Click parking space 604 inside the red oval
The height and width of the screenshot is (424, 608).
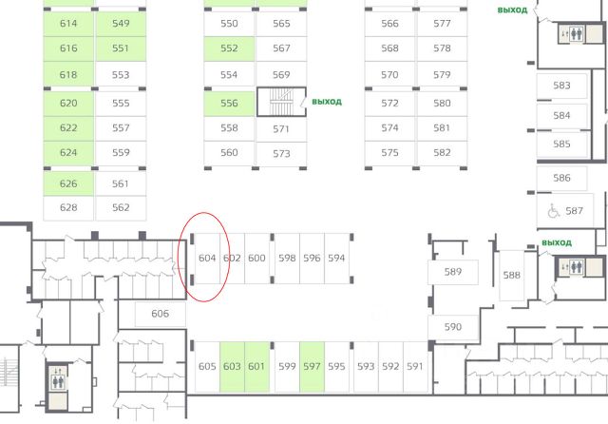coord(207,258)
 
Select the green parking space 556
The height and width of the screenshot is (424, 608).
coord(229,104)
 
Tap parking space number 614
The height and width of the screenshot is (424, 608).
coord(68,23)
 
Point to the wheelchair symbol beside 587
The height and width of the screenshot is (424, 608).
coord(552,210)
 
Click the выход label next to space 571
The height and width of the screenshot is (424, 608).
coord(326,102)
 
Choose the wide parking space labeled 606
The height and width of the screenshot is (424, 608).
coord(160,314)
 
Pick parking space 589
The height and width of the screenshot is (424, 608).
coord(453,273)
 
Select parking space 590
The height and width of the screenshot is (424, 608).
coord(453,327)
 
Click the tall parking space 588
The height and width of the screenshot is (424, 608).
coord(512,275)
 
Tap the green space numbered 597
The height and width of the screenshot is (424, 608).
coord(312,366)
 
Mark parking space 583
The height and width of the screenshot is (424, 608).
coord(561,87)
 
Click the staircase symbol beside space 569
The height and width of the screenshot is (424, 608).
coord(282,101)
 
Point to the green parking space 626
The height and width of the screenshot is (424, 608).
coord(68,183)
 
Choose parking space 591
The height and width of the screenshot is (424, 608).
coord(414,366)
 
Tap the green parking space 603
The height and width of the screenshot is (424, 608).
coord(232,366)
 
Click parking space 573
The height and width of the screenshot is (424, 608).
coord(281,153)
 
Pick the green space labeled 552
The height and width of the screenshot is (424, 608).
coord(229,48)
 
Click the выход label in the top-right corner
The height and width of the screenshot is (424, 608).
coord(512,10)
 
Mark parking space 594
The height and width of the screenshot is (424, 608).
coord(336,258)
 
